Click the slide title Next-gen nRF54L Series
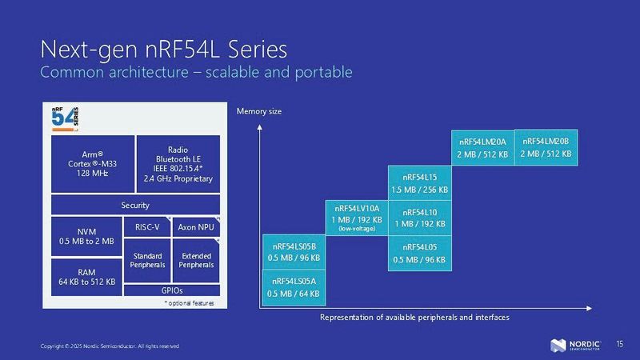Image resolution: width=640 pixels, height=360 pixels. [x=163, y=50]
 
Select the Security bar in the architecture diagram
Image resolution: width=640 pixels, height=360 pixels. [x=134, y=206]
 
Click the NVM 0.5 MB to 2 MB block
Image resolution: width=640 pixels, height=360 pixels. [x=86, y=235]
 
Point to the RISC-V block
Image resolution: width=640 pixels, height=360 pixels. [x=147, y=226]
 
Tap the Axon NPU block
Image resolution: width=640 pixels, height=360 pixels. [x=195, y=226]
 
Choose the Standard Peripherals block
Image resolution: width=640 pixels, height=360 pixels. [x=147, y=260]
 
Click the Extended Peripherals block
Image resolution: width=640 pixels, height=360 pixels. [x=195, y=260]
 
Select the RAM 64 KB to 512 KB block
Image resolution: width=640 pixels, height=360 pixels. [x=86, y=277]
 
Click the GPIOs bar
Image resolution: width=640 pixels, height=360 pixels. [x=172, y=290]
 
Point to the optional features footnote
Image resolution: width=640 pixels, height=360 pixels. [x=188, y=303]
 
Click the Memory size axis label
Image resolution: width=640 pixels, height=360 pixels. [x=258, y=110]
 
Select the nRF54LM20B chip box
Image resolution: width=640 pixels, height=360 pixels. [x=546, y=147]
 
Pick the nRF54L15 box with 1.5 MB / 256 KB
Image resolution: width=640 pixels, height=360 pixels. [x=419, y=182]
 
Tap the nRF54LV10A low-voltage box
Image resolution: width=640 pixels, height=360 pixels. [x=356, y=218]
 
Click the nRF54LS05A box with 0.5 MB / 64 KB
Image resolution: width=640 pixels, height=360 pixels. [x=294, y=287]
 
